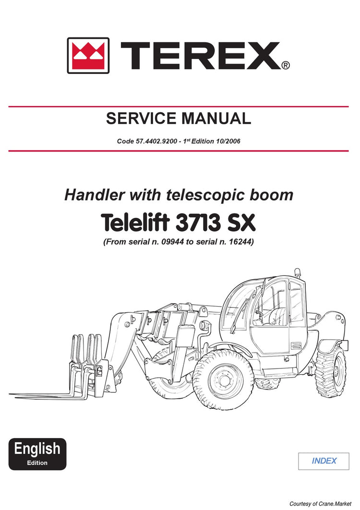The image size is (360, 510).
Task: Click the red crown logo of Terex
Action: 88,55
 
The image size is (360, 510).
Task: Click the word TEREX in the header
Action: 200,56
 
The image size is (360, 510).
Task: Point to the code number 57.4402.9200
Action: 156,141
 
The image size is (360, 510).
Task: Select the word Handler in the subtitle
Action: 95,195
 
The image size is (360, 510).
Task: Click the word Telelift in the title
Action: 135,223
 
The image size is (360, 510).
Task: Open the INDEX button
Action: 324,461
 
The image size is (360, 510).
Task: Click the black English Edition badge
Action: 37,454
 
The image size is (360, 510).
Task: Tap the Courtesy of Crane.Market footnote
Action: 321,504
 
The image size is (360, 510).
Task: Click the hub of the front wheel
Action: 224,380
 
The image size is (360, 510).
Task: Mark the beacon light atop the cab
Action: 297,272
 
